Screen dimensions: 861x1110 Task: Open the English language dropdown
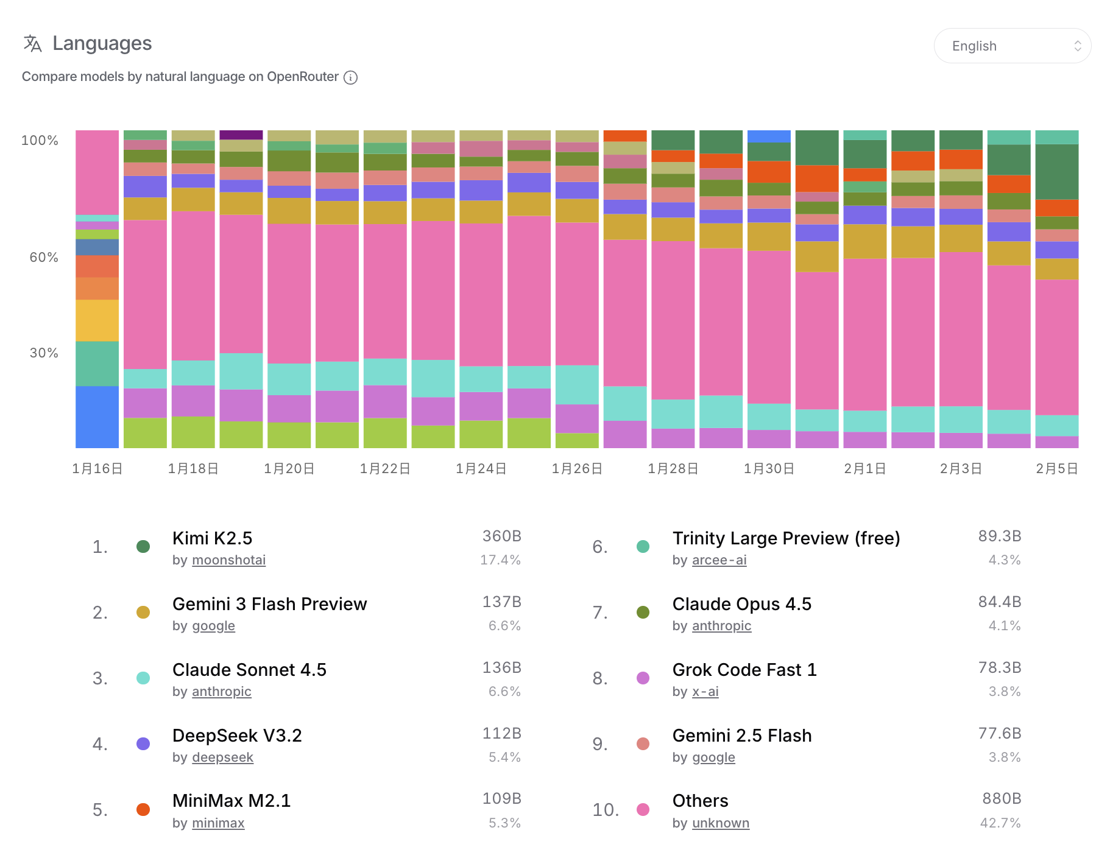[x=1012, y=46]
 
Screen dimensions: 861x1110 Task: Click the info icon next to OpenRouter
[x=350, y=77]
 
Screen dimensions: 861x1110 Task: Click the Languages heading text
[x=102, y=43]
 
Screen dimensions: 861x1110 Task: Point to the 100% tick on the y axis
[x=40, y=141]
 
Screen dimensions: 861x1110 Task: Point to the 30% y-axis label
[x=44, y=353]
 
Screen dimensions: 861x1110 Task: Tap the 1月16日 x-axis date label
[x=97, y=469]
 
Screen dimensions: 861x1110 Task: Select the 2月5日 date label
[x=1057, y=469]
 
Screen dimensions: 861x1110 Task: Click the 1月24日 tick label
[x=481, y=469]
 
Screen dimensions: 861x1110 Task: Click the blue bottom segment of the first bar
[x=97, y=417]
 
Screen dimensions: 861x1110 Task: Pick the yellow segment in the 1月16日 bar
[x=97, y=320]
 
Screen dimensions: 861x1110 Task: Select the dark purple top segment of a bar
[x=241, y=135]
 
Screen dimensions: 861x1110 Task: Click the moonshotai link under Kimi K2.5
[x=228, y=560]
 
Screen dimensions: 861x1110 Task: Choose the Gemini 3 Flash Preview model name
[x=269, y=604]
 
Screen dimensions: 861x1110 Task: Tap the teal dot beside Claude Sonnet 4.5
[x=143, y=678]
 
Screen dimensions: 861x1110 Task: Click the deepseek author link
[x=222, y=757]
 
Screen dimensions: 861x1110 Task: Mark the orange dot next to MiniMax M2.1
[x=143, y=810]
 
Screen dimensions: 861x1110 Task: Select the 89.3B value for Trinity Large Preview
[x=999, y=536]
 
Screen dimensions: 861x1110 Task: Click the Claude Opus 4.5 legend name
[x=741, y=604]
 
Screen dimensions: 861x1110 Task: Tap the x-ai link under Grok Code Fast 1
[x=705, y=692]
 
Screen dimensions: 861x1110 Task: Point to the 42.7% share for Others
[x=1000, y=823]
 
